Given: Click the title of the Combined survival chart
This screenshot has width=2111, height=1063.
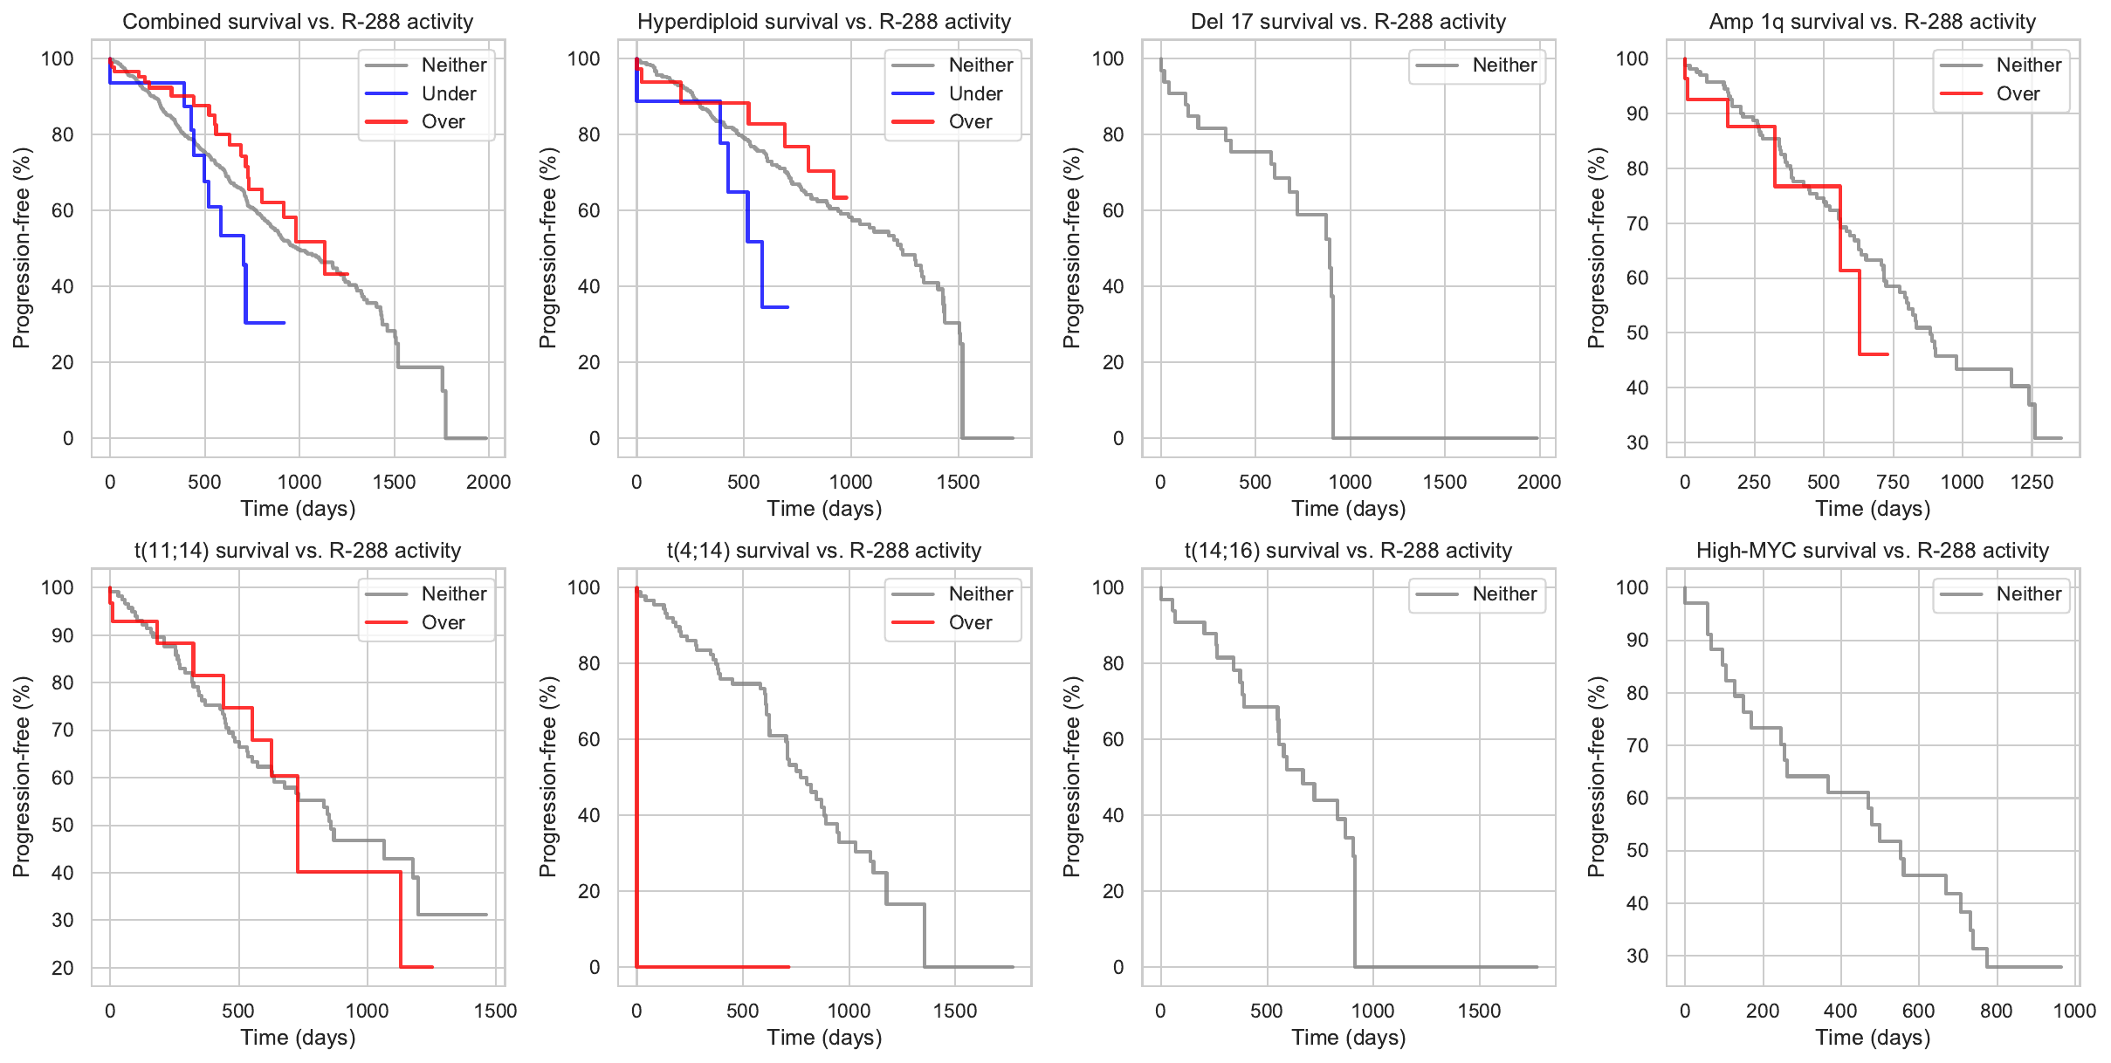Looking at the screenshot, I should pos(298,22).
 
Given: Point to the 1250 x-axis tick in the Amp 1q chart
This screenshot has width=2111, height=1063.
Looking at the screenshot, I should pos(2031,483).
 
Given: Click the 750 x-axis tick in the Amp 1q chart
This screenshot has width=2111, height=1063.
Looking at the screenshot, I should pos(1892,483).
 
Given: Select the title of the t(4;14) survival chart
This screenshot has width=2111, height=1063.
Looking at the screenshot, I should pos(823,551).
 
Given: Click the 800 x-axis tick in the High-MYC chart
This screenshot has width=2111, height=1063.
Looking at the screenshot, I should pos(1996,1012).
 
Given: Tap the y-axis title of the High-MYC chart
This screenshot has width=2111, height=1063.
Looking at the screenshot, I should pos(1596,777).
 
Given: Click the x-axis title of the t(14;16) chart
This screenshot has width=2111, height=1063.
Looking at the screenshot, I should pos(1348,1038).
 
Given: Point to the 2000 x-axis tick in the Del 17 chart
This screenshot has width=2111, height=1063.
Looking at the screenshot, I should pos(1538,483).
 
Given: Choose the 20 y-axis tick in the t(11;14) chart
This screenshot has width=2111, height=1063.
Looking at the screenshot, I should pos(63,968).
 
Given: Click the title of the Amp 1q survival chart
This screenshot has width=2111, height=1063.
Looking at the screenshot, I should pos(1872,22).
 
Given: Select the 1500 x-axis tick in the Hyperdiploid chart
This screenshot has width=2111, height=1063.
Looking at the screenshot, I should pos(958,483).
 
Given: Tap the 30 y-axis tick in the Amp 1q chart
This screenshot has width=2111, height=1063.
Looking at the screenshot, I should pos(1637,442).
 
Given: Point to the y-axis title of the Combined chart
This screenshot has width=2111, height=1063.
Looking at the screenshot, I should pos(21,248).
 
